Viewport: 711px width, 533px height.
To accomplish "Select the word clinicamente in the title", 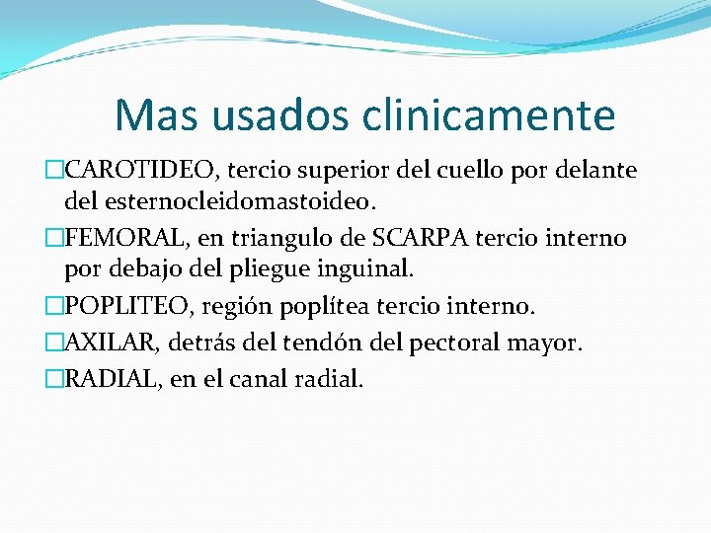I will click(x=490, y=114).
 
